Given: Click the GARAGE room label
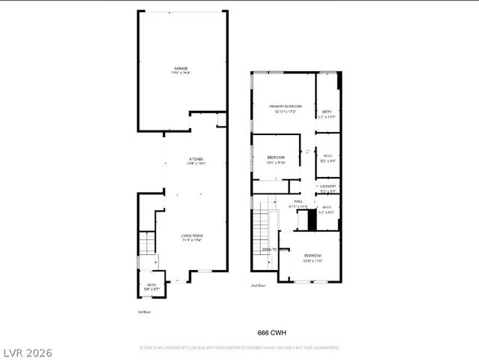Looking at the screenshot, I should coord(181,70).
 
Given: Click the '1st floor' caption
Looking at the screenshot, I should coord(144,311).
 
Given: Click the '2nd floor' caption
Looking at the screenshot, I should coord(258,286).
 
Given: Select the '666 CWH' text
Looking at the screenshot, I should coord(273,331).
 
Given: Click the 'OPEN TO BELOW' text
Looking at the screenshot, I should coord(274,249).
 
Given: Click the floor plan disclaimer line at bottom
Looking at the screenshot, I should coord(239,348).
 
